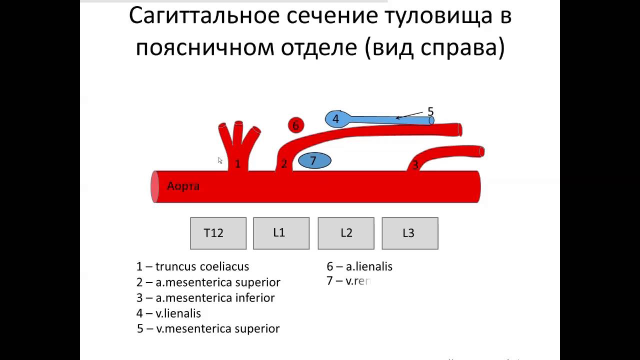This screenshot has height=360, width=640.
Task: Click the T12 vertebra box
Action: point(218,233)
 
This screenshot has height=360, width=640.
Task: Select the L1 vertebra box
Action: point(281,233)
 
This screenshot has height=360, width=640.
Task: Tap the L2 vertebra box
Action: point(346,233)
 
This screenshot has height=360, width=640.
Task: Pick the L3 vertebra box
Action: point(409,233)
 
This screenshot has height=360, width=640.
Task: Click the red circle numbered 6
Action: point(295,125)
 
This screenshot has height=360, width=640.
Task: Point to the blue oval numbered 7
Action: point(314,160)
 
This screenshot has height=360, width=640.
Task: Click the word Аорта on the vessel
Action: point(183,186)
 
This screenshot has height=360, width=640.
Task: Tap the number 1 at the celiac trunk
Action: point(237,163)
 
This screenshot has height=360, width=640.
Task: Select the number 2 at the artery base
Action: point(283,163)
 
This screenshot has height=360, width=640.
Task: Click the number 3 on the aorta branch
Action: point(414,164)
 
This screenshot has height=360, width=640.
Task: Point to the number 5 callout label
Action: point(430,111)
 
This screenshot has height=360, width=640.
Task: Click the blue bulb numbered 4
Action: point(336,119)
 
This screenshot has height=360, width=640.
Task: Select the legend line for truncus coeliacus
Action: point(192,266)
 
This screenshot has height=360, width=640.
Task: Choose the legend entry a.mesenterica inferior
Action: point(205,297)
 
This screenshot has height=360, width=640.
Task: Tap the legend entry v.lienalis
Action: point(168,313)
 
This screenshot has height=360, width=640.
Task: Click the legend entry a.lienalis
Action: point(359,266)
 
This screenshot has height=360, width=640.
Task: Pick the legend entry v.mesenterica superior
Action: point(208,328)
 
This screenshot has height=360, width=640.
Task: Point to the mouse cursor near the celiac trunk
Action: point(220,160)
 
